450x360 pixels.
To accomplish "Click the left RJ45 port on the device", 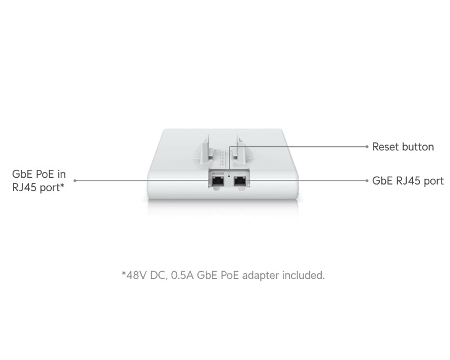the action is tap(218, 182).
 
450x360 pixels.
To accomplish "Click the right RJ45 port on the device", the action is tap(240, 182).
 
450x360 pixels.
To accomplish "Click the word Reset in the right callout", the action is tap(385, 147).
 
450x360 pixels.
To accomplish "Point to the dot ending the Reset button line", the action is tap(367, 146).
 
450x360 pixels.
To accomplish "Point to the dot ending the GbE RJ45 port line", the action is tap(367, 181).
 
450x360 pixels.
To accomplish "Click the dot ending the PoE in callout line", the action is tap(75, 181).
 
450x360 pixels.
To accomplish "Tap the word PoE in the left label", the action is tap(45, 174).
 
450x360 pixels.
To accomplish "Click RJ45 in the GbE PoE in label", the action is tap(24, 187).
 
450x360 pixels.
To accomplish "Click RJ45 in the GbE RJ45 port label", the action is tap(408, 181).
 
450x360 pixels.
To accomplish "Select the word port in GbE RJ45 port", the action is tap(434, 182).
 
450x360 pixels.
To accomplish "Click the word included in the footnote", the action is tap(303, 275).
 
